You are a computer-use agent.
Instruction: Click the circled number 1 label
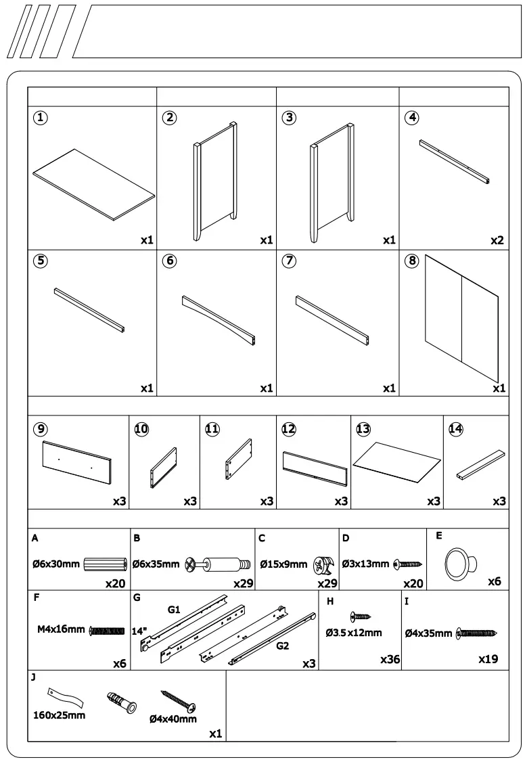coord(41,117)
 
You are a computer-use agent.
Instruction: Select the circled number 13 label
coord(363,429)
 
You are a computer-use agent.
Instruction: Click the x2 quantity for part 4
coord(499,240)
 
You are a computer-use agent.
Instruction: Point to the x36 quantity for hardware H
coord(390,659)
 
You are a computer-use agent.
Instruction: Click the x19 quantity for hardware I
coord(488,659)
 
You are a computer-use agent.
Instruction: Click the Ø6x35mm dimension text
coord(156,564)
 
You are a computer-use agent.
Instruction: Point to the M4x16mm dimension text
coord(61,629)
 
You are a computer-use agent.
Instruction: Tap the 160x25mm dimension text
coord(60,715)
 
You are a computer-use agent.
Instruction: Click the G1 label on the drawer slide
coord(174,610)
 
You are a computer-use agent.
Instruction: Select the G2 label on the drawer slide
coord(282,646)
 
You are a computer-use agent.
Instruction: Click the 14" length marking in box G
coord(139,631)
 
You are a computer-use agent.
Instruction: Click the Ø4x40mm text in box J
coord(173,719)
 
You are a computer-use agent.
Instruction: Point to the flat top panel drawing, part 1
coord(93,185)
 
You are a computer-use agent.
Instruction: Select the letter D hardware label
coord(346,539)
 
